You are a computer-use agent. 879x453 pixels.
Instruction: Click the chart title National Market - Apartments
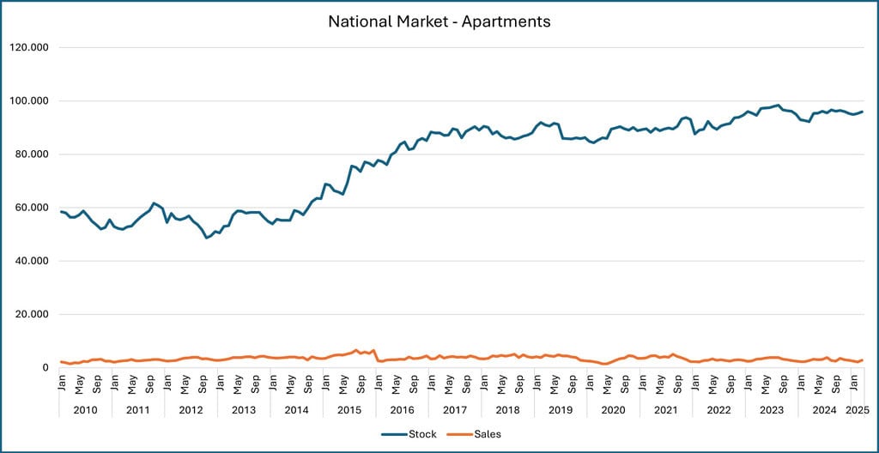[439, 20]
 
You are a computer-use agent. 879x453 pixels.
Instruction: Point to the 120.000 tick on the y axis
[30, 47]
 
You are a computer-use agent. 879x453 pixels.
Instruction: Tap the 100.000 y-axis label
[30, 101]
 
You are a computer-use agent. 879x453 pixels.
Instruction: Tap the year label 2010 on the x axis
[85, 410]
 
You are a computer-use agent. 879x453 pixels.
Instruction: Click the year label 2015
[349, 410]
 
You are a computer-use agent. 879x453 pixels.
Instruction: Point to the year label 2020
[613, 410]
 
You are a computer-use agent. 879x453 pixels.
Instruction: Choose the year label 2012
[191, 410]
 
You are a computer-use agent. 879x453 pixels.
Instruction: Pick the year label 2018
[507, 410]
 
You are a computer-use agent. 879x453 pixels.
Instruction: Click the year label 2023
[772, 410]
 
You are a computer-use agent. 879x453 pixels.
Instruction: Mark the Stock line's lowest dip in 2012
[207, 238]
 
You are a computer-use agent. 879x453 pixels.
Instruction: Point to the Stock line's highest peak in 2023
[778, 106]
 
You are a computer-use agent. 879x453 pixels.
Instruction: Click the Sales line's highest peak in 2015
[356, 350]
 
